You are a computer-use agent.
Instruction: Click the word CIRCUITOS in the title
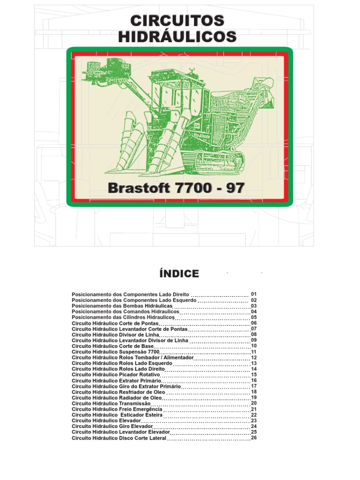[x=177, y=21]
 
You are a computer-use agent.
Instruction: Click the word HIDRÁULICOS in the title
[x=177, y=37]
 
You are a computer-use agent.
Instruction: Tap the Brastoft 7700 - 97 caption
[x=176, y=188]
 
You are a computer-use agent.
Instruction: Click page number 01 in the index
[x=254, y=294]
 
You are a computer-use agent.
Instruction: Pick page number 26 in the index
[x=254, y=438]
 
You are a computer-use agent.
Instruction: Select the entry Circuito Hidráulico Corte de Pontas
[x=115, y=323]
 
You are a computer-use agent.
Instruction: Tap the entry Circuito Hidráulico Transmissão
[x=112, y=403]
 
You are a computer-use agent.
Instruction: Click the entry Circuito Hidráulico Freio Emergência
[x=117, y=409]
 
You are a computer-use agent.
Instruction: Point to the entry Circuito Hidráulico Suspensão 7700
[x=116, y=352]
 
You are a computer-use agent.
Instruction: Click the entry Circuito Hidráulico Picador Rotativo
[x=116, y=375]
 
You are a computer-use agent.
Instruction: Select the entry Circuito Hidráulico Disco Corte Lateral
[x=119, y=438]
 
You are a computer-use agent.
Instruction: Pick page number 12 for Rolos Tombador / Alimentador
[x=254, y=357]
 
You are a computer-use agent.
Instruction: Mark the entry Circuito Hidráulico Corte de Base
[x=112, y=346]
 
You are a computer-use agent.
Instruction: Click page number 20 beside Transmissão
[x=254, y=403]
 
